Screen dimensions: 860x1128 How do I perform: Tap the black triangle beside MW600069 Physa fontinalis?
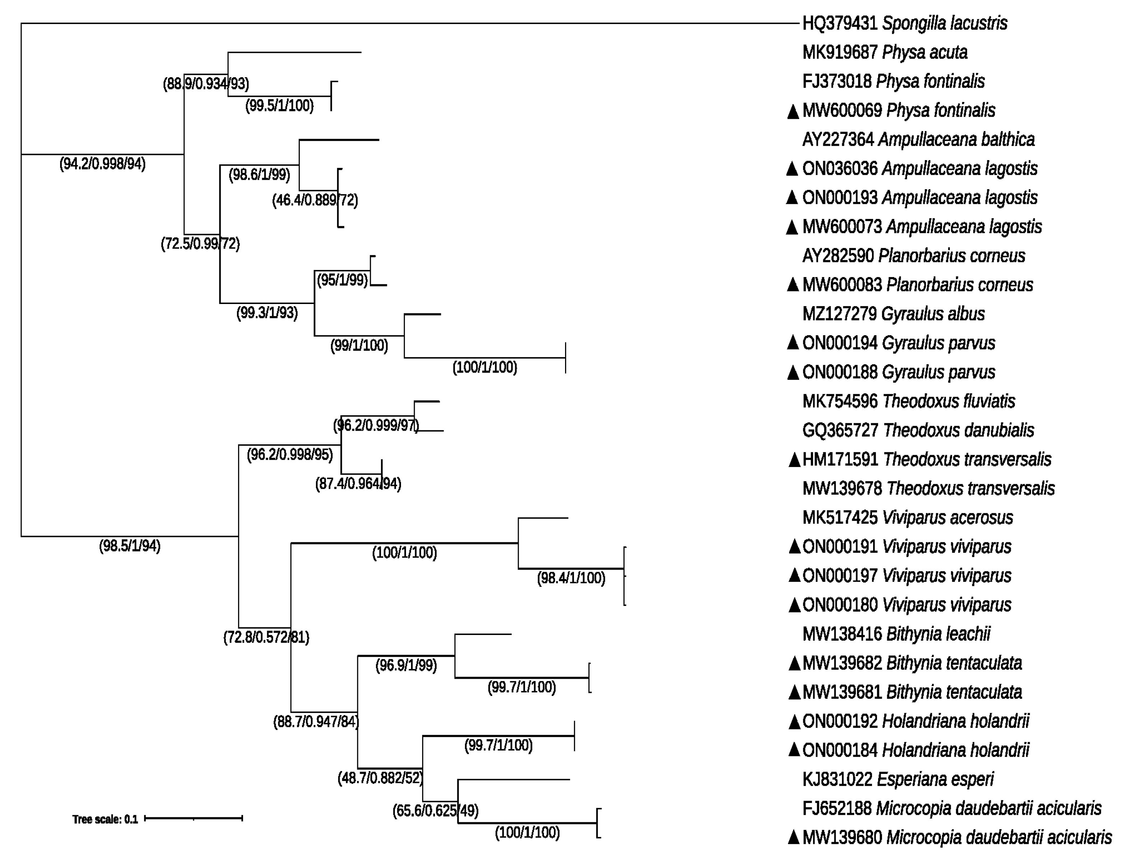pyautogui.click(x=793, y=111)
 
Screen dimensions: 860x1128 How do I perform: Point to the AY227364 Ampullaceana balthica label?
pyautogui.click(x=918, y=140)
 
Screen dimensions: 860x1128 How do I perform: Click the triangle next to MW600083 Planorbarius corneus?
pyautogui.click(x=793, y=285)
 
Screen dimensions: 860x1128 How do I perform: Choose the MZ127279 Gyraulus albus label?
pyautogui.click(x=893, y=314)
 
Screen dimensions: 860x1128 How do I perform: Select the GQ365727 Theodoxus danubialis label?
pyautogui.click(x=918, y=430)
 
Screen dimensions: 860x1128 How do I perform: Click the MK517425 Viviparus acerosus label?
pyautogui.click(x=907, y=518)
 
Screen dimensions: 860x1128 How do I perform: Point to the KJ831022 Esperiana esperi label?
pyautogui.click(x=898, y=779)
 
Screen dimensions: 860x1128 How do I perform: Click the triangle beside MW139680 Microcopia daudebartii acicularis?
pyautogui.click(x=794, y=837)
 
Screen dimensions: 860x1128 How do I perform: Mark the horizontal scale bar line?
pyautogui.click(x=194, y=818)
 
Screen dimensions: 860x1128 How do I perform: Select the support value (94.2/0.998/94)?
pyautogui.click(x=102, y=164)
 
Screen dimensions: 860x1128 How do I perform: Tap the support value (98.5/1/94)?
pyautogui.click(x=130, y=546)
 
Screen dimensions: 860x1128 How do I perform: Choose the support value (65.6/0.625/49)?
pyautogui.click(x=435, y=811)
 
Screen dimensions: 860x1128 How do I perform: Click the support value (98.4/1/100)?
pyautogui.click(x=571, y=579)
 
